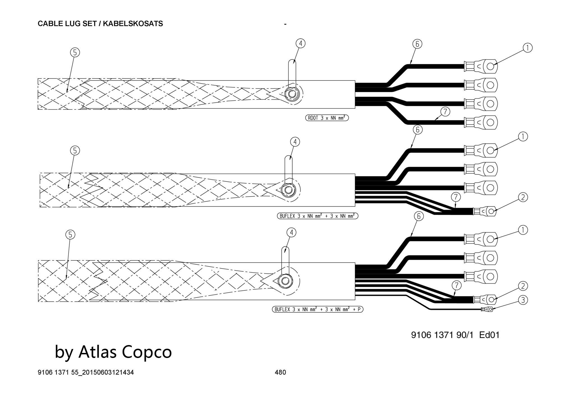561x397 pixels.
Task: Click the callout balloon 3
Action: point(523,300)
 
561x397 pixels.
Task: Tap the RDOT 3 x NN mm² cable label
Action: point(327,118)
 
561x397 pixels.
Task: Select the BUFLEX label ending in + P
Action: point(318,309)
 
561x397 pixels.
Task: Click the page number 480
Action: point(280,372)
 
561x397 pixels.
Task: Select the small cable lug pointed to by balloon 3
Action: point(488,310)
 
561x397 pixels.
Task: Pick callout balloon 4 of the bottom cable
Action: point(292,232)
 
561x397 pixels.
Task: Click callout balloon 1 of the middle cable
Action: point(523,137)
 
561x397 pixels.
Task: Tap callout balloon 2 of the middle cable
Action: point(523,197)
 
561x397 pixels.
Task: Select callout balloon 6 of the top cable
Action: point(417,44)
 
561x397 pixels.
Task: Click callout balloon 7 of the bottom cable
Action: point(457,286)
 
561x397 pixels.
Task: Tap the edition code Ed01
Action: point(489,335)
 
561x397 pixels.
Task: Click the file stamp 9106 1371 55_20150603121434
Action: point(86,372)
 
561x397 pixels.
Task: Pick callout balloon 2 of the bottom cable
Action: point(523,286)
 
